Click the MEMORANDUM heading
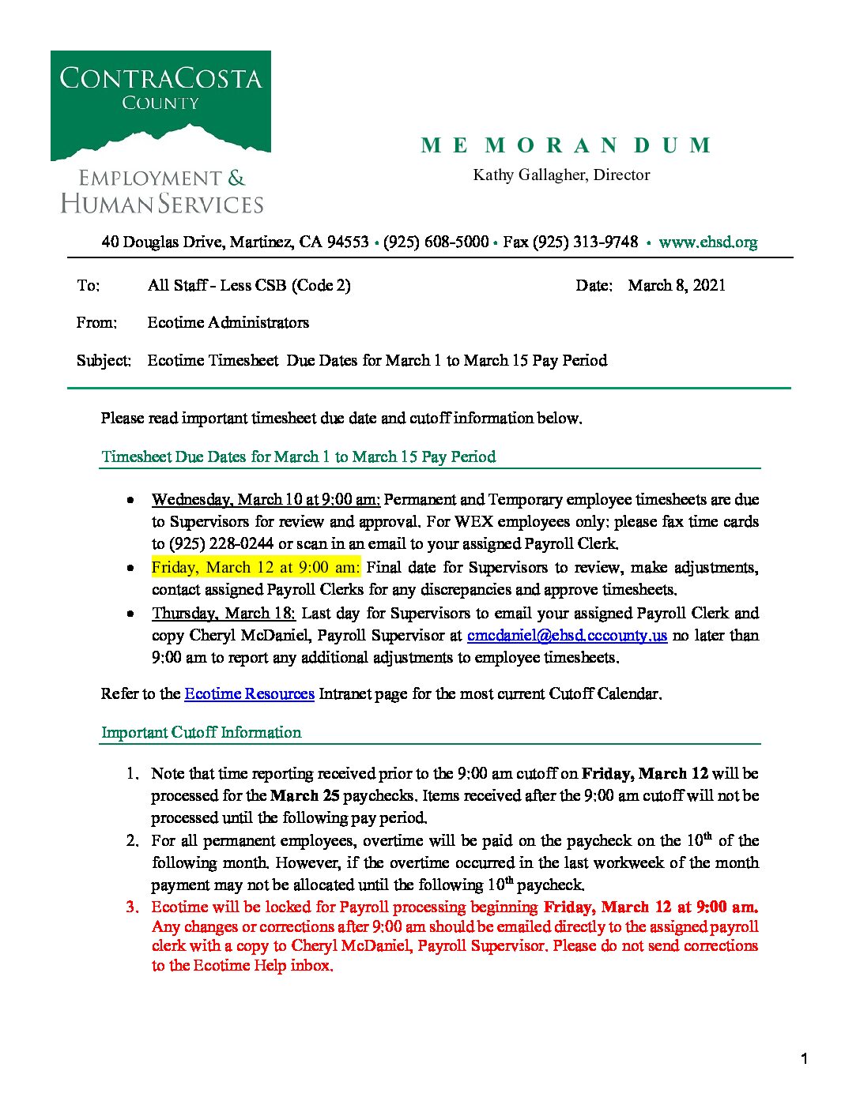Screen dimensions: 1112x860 pyautogui.click(x=566, y=145)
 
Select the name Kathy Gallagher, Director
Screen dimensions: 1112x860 pyautogui.click(x=561, y=175)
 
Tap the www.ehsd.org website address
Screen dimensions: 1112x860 pyautogui.click(x=707, y=242)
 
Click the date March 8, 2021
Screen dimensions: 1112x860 pyautogui.click(x=677, y=285)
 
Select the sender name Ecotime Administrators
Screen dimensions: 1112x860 pyautogui.click(x=228, y=322)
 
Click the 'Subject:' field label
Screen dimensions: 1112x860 pyautogui.click(x=104, y=360)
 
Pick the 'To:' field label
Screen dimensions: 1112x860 pyautogui.click(x=88, y=285)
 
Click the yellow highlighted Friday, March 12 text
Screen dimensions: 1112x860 pyautogui.click(x=255, y=567)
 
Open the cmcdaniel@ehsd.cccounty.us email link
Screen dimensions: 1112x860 pyautogui.click(x=567, y=635)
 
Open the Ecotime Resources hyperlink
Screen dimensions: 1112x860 pyautogui.click(x=249, y=693)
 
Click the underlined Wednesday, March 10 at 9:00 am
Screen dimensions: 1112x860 pyautogui.click(x=266, y=499)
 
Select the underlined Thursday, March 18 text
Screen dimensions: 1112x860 pyautogui.click(x=224, y=613)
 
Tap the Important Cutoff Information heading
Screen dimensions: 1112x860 pyautogui.click(x=201, y=732)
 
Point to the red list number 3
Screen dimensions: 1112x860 pyautogui.click(x=132, y=907)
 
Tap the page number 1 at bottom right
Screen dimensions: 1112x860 pyautogui.click(x=804, y=1058)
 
